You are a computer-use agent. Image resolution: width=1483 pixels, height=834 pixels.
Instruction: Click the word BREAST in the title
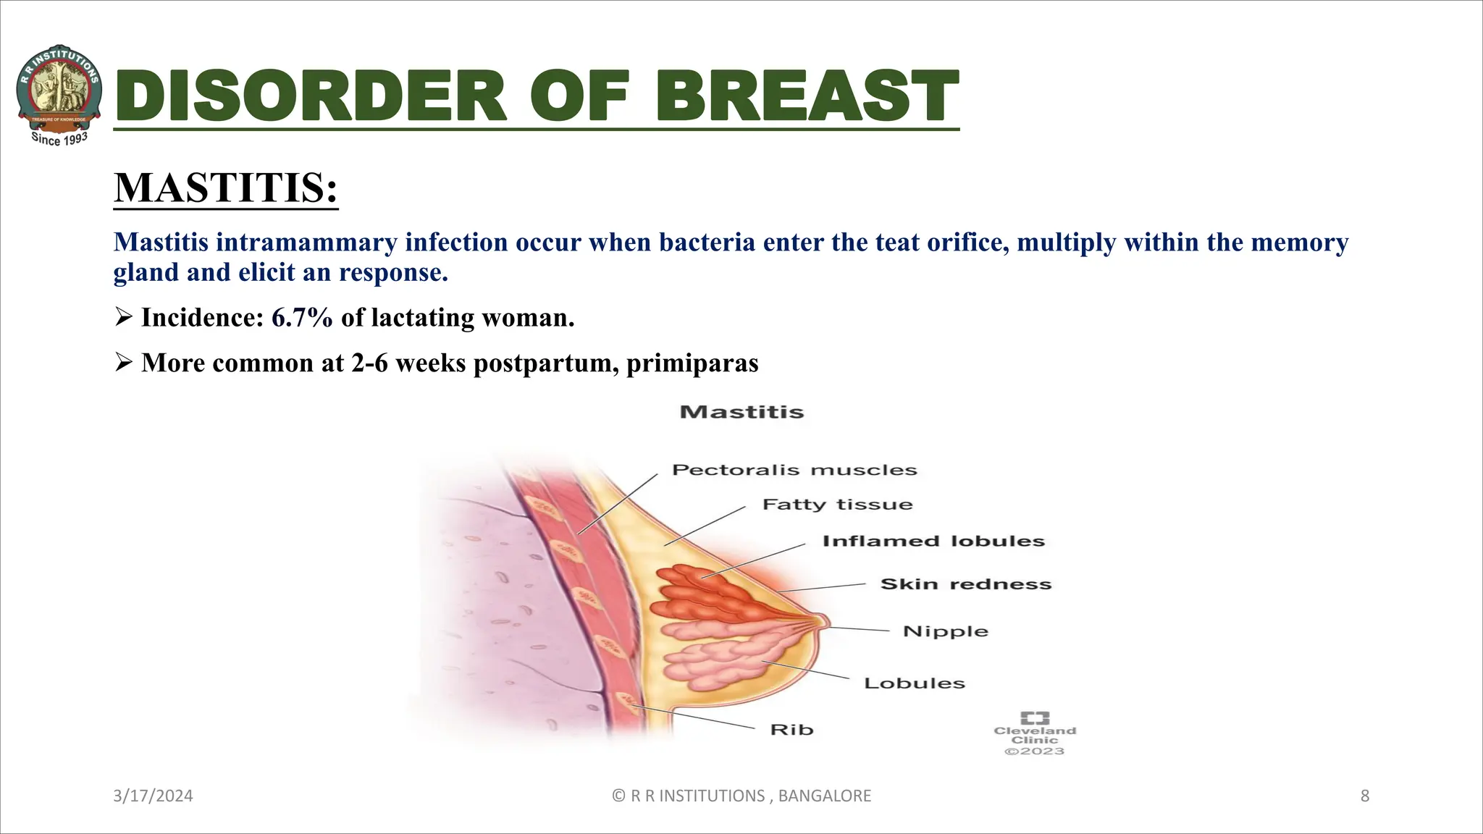[x=807, y=97]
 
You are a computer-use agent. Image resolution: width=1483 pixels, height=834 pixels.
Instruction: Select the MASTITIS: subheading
[x=225, y=188]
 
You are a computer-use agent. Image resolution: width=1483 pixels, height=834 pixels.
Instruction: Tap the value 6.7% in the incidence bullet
[x=301, y=318]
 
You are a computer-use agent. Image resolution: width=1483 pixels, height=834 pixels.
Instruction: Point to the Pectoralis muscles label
[x=794, y=470]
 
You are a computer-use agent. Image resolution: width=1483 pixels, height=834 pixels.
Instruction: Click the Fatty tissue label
[x=837, y=505]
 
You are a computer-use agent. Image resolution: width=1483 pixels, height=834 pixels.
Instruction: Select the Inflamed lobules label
[x=933, y=542]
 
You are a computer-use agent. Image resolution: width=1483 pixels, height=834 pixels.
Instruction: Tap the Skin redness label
[x=965, y=584]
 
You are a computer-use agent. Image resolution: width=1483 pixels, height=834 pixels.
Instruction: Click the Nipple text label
[x=945, y=631]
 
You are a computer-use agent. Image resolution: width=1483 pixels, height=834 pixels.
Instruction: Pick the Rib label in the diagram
[x=791, y=730]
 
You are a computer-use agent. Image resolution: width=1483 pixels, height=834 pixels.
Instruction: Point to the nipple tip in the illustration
[x=823, y=621]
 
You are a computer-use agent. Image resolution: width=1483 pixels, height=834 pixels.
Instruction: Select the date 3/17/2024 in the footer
[x=153, y=796]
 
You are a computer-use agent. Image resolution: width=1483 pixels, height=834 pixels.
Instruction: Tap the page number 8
[x=1364, y=796]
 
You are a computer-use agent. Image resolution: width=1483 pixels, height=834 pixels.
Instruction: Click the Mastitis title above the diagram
[x=741, y=413]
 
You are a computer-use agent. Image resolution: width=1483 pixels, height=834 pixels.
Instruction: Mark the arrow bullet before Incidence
[x=123, y=317]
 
